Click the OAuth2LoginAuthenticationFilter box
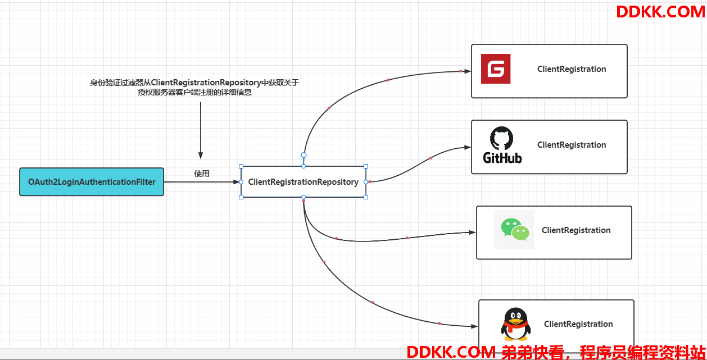(92, 182)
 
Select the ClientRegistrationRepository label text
(303, 182)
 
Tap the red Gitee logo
(496, 69)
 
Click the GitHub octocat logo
(502, 145)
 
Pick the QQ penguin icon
(515, 324)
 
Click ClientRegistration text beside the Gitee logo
(572, 69)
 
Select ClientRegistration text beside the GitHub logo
(572, 145)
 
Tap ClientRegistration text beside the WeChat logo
(576, 230)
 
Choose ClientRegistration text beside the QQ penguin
(578, 324)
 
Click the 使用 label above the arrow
(202, 174)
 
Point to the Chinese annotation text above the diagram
(194, 88)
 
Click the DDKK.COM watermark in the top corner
(660, 11)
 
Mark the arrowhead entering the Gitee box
(468, 71)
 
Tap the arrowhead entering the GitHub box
(468, 147)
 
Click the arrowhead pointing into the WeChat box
(473, 232)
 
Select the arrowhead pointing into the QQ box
(475, 326)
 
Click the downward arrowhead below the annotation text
(200, 156)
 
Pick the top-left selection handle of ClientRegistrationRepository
(241, 166)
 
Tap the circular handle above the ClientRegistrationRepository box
(303, 154)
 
